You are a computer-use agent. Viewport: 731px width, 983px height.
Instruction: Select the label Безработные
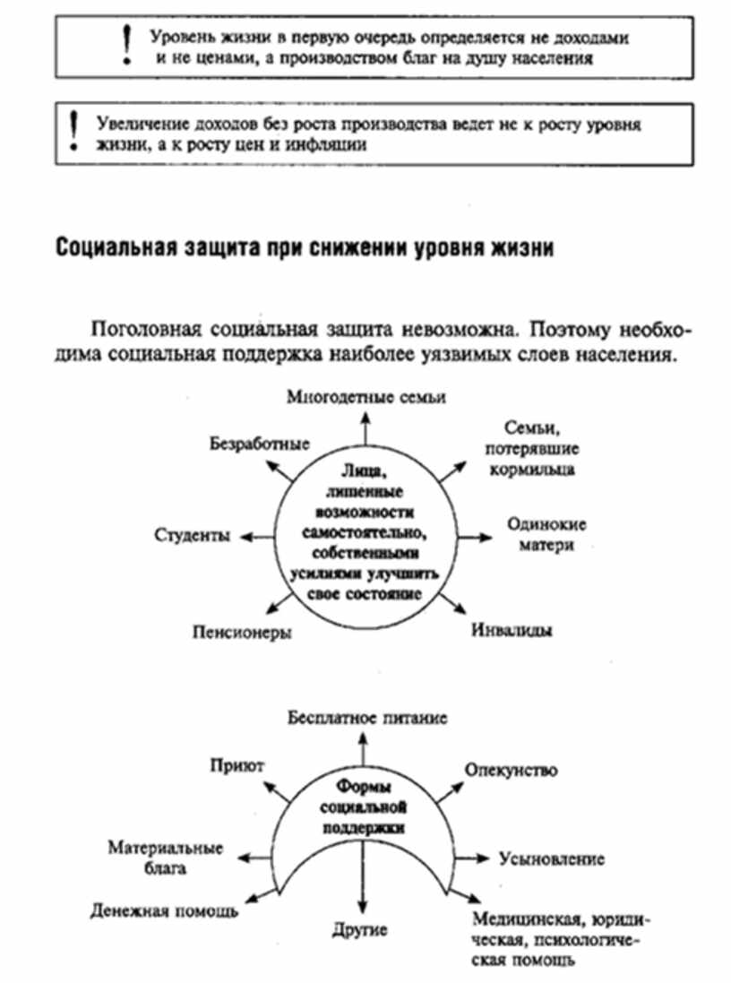pyautogui.click(x=259, y=444)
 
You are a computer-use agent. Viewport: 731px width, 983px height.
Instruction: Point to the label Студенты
pyautogui.click(x=193, y=535)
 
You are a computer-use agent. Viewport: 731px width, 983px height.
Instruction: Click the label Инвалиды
pyautogui.click(x=512, y=629)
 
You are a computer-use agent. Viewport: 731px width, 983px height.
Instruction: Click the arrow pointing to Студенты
pyautogui.click(x=259, y=535)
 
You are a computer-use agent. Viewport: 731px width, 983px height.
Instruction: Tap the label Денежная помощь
pyautogui.click(x=164, y=912)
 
